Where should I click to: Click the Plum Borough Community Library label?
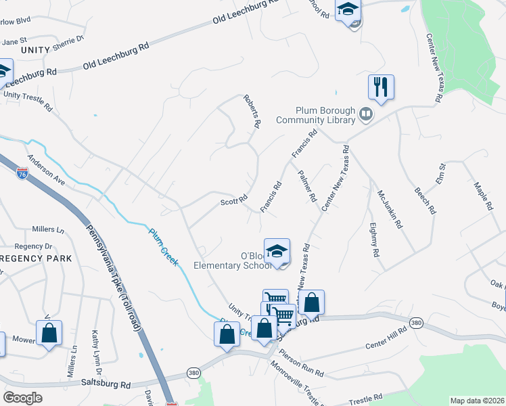point(316,115)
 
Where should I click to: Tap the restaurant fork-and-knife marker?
point(381,87)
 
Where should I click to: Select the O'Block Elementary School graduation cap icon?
point(277,251)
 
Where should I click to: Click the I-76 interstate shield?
point(23,174)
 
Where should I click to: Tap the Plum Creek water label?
point(164,245)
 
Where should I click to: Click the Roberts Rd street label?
point(251,111)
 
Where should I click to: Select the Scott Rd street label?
point(234,201)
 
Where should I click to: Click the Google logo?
point(22,398)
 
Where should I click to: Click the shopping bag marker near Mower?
point(49,333)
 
